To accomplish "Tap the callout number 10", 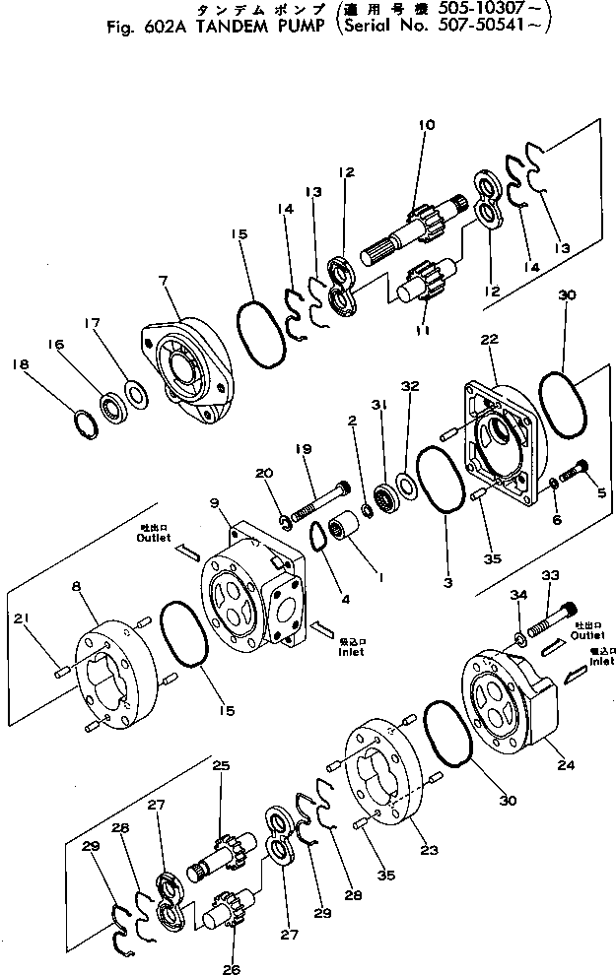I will click(426, 125).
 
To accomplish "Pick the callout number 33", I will click(549, 574).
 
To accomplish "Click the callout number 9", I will click(216, 504).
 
